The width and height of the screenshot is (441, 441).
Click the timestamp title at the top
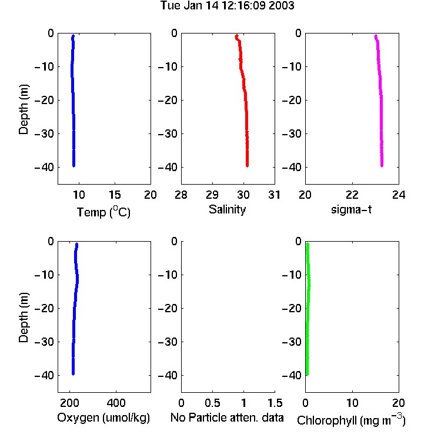coord(227,6)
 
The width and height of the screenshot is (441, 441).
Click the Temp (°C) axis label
coord(103,212)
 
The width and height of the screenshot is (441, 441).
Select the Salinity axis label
coord(227,209)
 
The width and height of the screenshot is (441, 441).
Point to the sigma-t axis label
coord(351,209)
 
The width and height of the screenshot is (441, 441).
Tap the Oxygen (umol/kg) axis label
coord(103,417)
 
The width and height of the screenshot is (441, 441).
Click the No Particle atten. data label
coord(227,417)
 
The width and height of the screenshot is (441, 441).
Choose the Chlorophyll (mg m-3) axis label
coord(351,419)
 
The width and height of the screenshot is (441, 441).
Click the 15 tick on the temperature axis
coord(115,195)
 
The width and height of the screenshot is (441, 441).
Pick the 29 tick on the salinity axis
coord(212,195)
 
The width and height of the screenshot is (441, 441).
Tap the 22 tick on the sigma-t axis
coord(352,195)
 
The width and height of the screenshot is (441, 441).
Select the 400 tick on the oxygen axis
coord(116,403)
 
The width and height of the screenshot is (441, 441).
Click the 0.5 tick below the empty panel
coord(212,403)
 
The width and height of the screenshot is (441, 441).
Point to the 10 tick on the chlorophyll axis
coord(352,403)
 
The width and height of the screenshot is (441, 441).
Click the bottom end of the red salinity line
coord(247,166)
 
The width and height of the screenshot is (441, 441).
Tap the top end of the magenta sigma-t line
coord(376,36)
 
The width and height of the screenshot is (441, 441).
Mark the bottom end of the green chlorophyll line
coord(307,374)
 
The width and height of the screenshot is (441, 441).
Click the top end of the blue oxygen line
coord(76,244)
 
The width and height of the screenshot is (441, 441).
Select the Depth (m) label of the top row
coord(24,109)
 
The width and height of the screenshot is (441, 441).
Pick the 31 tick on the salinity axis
coord(274,195)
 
